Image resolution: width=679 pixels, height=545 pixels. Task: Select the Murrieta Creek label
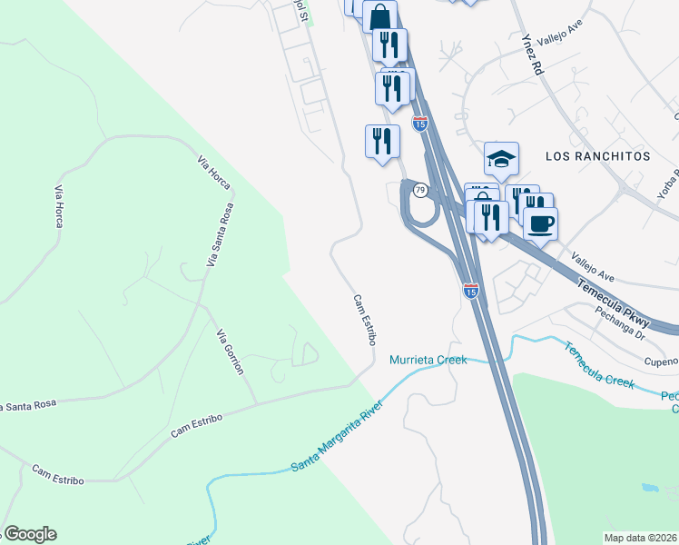pos(428,360)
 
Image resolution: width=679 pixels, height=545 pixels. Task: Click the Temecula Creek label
pos(599,364)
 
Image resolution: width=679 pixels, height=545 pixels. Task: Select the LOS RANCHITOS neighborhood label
pos(598,156)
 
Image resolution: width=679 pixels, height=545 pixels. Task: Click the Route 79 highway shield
pos(419,190)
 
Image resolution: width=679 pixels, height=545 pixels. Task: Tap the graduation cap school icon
pos(501,160)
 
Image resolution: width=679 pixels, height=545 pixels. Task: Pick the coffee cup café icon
pos(540,223)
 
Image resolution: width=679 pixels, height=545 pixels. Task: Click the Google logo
pos(29,534)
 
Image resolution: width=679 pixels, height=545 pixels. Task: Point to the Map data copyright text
pos(640,538)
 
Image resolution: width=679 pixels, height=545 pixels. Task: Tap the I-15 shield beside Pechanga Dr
pos(470,291)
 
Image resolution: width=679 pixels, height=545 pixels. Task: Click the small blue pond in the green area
pos(649,488)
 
